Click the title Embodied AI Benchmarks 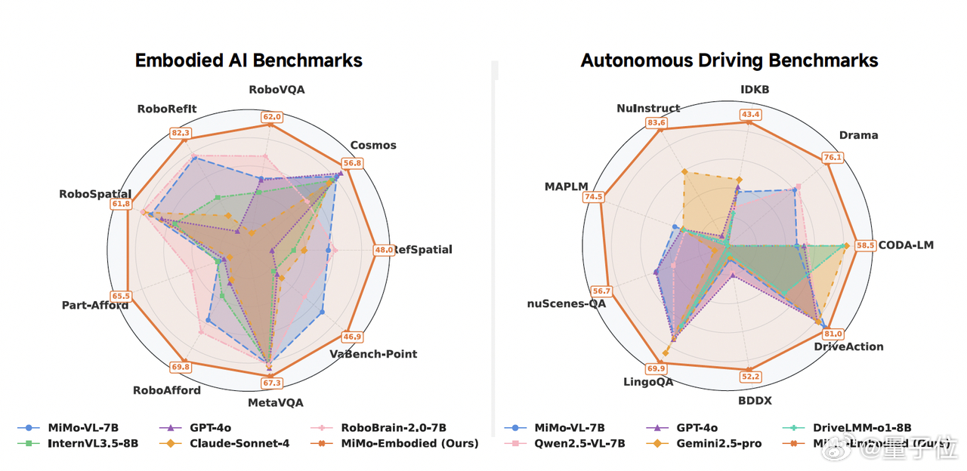coord(249,60)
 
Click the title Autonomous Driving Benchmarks coord(729,60)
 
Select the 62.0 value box coord(272,117)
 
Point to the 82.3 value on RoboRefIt coord(181,134)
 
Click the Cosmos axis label coord(373,145)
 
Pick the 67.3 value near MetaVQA coord(271,383)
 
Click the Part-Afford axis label coord(95,305)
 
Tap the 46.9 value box coord(353,337)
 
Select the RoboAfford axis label coord(167,390)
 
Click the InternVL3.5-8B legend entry coord(84,443)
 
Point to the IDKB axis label coord(755,90)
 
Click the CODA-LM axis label coord(906,245)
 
